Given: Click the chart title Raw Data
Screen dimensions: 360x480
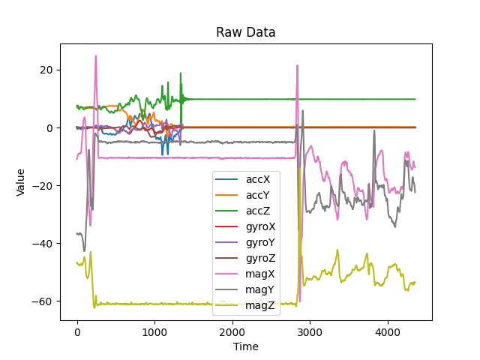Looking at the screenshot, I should click(246, 33).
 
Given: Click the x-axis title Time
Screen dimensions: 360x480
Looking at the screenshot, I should click(246, 346).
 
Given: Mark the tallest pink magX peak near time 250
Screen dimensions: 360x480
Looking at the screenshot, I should click(95, 56).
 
